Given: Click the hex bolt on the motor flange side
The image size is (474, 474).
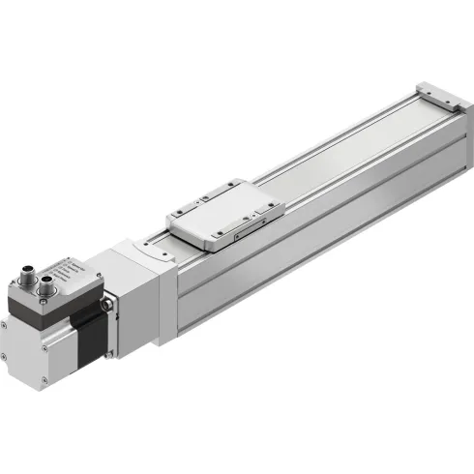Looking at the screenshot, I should click(109, 309).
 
